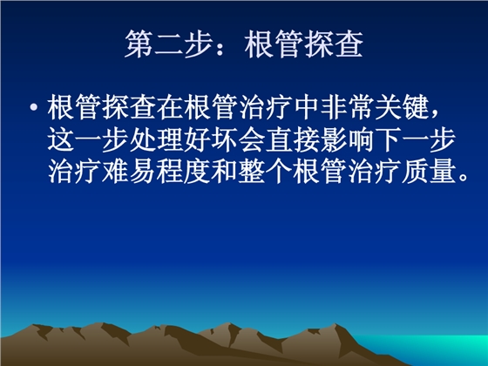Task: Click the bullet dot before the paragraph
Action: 34,110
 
